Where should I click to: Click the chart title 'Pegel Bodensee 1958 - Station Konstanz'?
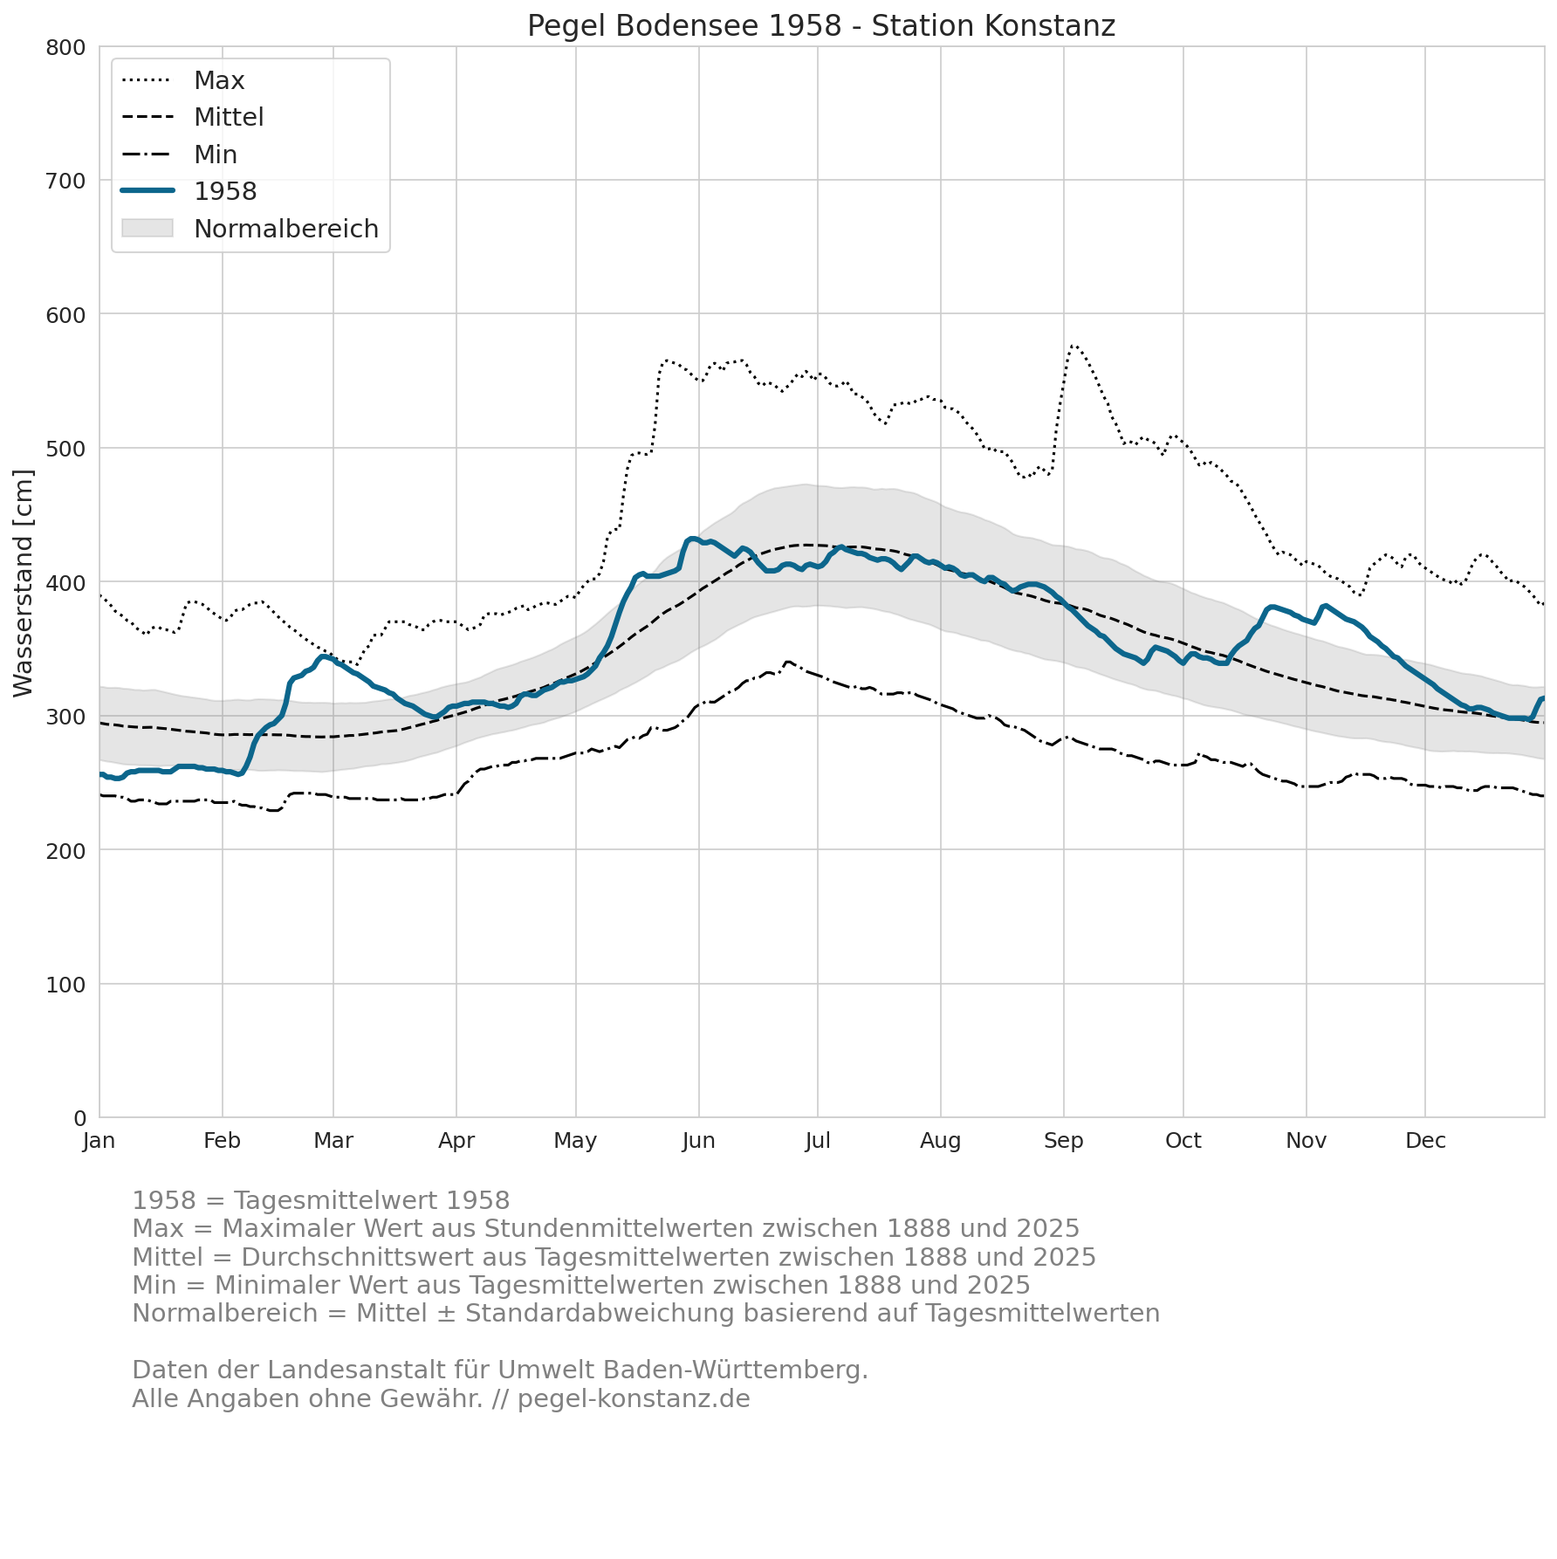click(821, 26)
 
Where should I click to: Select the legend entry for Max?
click(183, 80)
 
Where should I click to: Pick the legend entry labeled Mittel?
click(192, 117)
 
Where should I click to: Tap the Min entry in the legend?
click(179, 155)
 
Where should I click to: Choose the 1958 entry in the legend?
click(189, 191)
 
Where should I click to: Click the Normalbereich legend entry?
click(250, 229)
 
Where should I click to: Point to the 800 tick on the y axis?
click(65, 47)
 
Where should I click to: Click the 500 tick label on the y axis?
click(65, 449)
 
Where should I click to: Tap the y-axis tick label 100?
click(65, 985)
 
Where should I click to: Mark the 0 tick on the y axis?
click(79, 1118)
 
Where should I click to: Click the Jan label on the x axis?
click(99, 1141)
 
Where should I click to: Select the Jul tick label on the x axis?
click(818, 1141)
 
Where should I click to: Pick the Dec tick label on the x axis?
click(1425, 1141)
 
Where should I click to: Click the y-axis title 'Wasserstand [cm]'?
click(24, 583)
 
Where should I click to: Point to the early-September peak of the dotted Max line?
click(1073, 346)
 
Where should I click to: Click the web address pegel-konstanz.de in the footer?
click(634, 1399)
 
